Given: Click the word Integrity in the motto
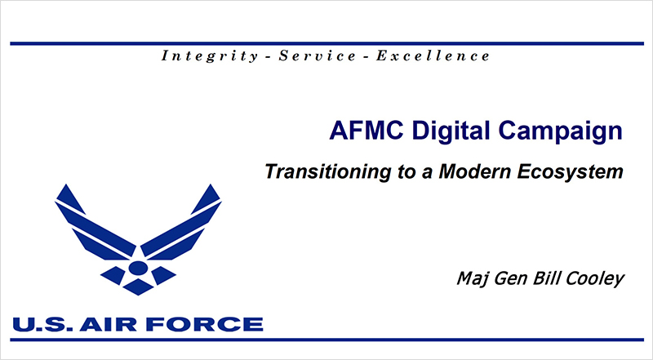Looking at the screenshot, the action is click(210, 56).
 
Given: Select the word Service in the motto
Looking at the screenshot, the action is click(318, 56).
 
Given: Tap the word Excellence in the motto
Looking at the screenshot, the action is click(433, 56).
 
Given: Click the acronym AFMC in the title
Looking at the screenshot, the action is click(366, 131).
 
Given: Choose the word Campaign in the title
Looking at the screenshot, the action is click(560, 131).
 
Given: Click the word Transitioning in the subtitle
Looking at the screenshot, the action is click(328, 171).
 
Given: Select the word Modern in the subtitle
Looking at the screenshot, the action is click(474, 171).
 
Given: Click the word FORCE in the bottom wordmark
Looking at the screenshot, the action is click(205, 325).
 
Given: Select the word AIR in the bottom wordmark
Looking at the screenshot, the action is click(109, 325).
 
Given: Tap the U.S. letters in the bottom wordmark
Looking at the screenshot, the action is click(42, 325).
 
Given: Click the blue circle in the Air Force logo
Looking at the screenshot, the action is click(138, 268).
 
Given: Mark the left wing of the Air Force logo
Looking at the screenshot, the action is click(96, 223).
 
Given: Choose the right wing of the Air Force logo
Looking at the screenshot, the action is click(181, 223).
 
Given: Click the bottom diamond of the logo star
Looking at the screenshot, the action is click(138, 287).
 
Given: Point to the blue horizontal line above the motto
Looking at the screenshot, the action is click(327, 43).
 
